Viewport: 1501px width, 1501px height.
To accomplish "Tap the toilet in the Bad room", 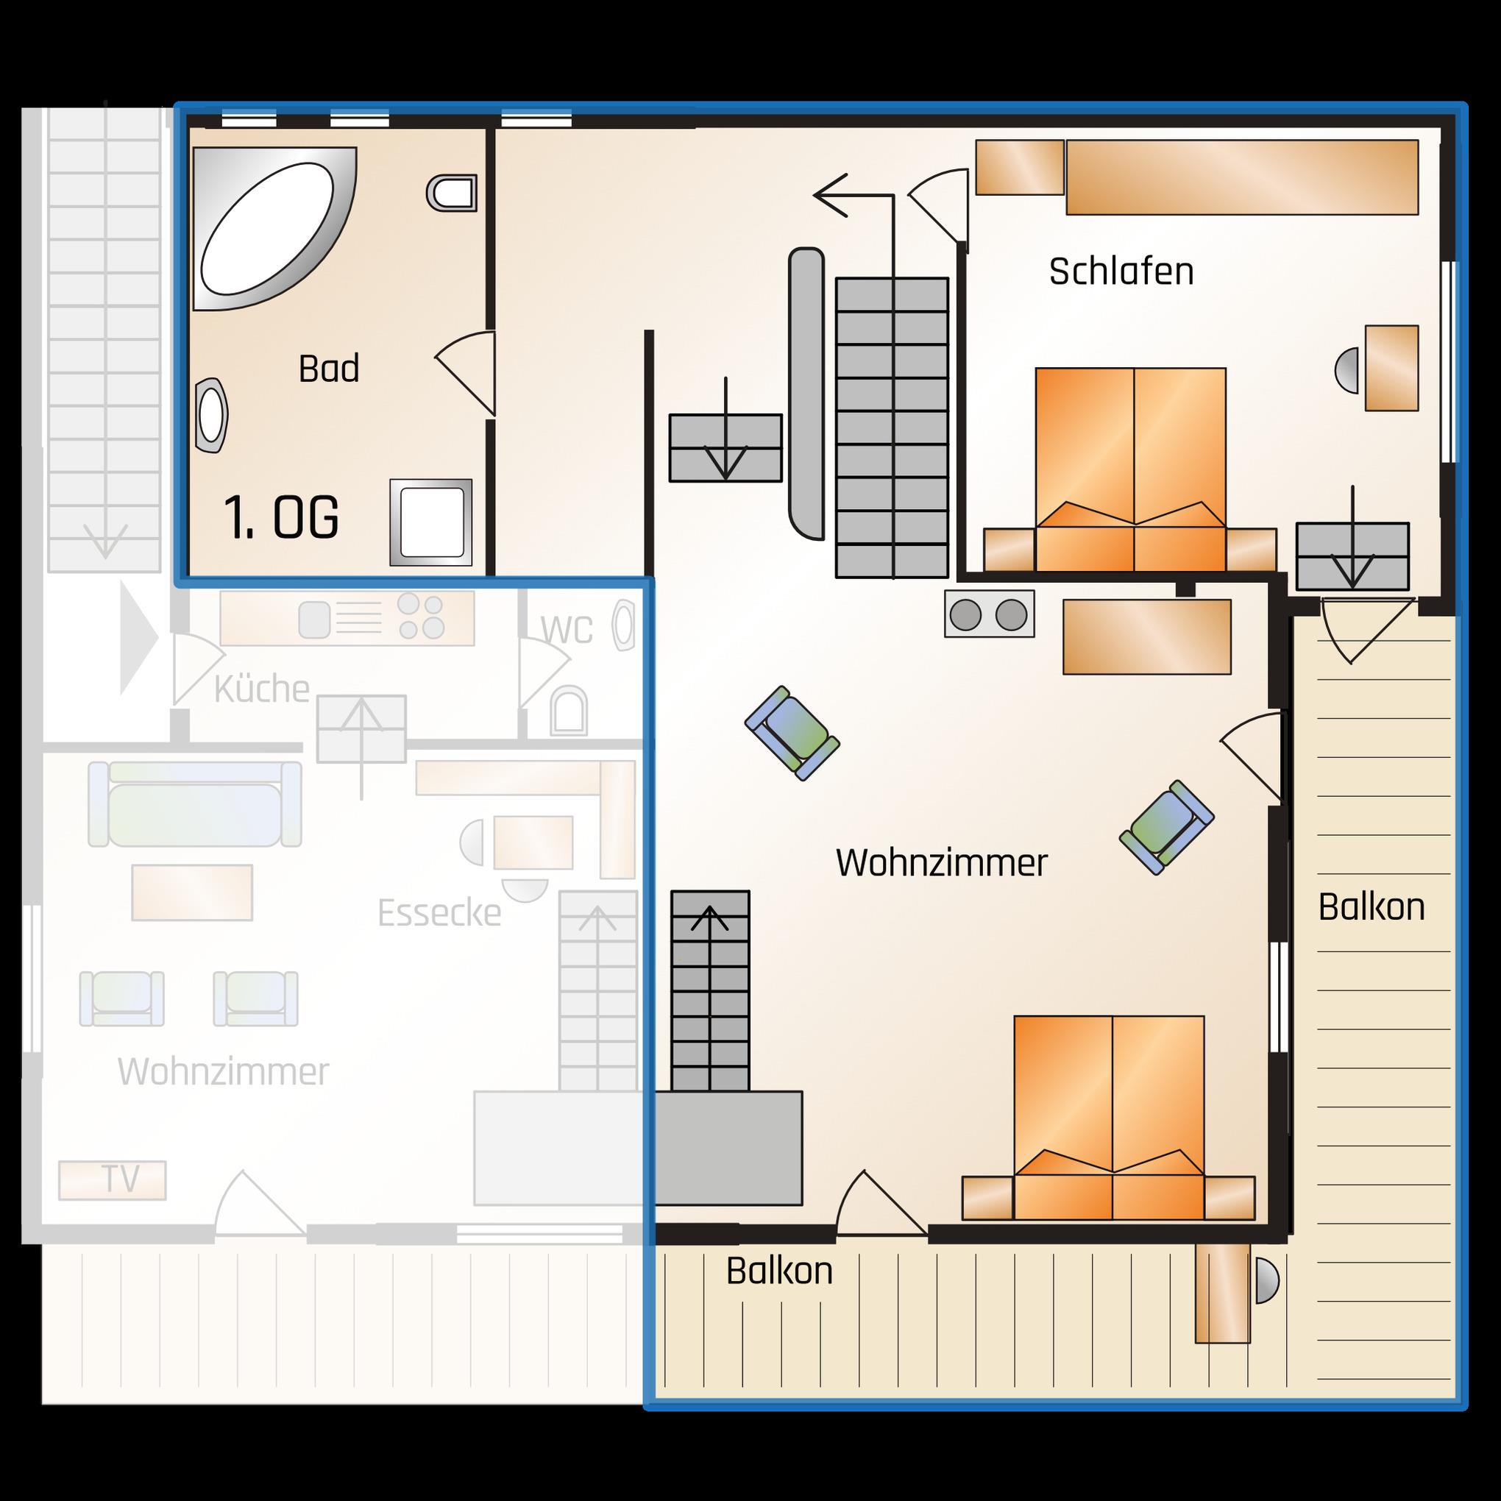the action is pos(451,193).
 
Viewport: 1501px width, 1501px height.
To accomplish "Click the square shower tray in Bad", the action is pos(430,522).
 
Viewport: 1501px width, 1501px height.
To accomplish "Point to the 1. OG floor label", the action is pos(281,517).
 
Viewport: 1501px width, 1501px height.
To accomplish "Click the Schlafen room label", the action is pos(1121,272).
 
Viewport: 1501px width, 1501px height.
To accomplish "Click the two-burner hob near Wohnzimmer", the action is pos(990,614).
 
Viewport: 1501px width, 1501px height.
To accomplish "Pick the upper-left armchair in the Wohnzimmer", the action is pos(792,733).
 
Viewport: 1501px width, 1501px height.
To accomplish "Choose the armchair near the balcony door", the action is pos(1166,828).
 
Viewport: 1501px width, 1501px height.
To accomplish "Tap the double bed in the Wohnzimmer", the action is pos(1109,1118).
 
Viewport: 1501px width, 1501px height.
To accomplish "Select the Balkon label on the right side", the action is pos(1372,907).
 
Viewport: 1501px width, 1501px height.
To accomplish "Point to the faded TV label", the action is pos(121,1179).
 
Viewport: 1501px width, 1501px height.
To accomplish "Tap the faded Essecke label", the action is pos(439,913).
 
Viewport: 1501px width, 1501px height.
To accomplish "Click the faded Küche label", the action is pos(262,689).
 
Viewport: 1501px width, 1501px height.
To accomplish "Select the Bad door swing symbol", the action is pos(464,373).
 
